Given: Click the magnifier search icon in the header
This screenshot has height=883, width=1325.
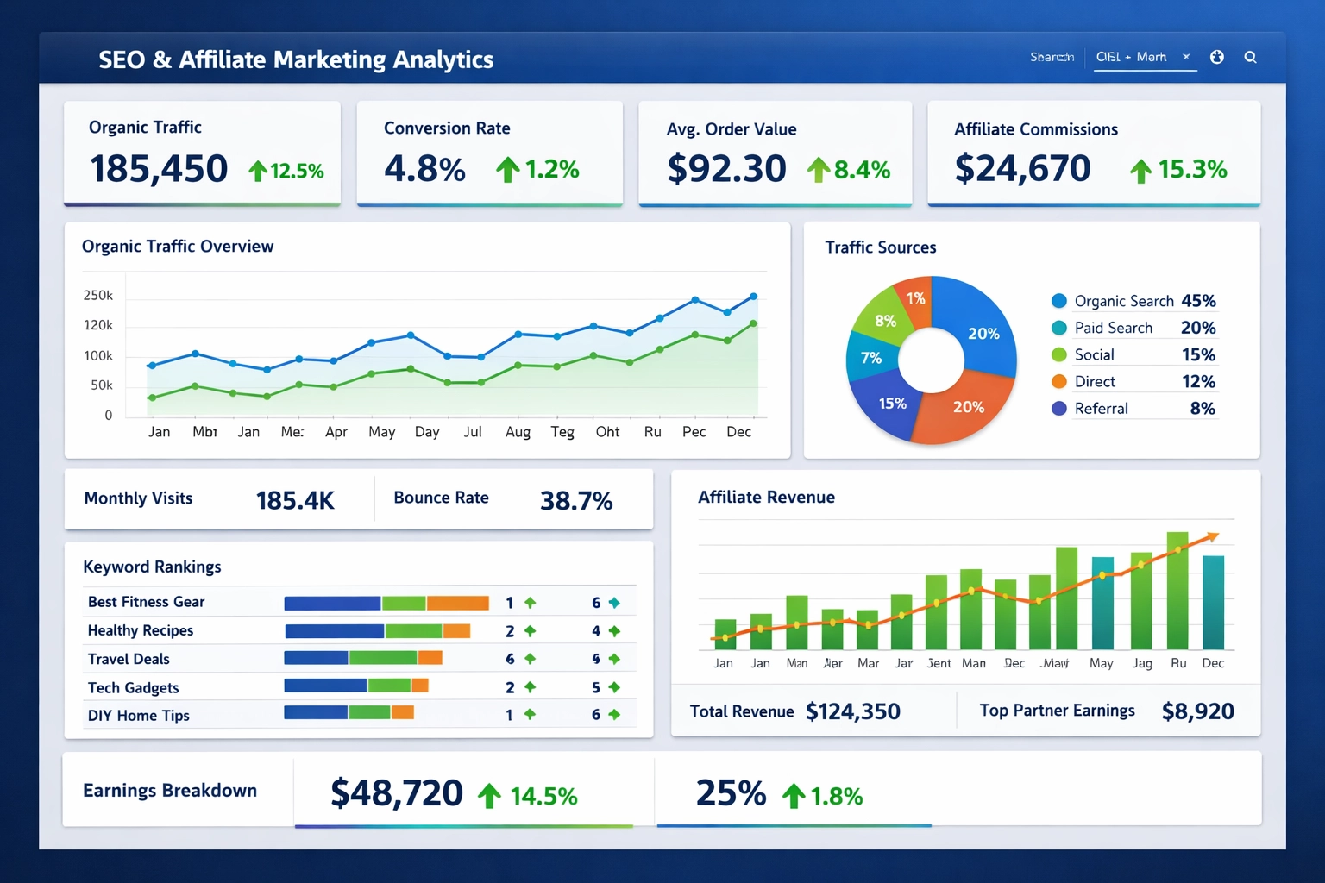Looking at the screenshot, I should click(1250, 58).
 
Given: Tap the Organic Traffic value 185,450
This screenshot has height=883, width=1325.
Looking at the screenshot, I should click(159, 168).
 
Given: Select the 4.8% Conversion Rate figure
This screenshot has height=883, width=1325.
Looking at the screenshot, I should click(424, 169).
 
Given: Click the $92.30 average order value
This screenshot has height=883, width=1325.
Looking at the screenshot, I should click(726, 169).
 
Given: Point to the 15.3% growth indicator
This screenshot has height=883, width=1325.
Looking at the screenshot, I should click(1179, 170).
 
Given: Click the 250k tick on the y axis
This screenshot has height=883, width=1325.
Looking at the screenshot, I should click(97, 296).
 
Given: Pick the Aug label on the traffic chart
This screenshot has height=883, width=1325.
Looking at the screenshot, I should click(518, 432).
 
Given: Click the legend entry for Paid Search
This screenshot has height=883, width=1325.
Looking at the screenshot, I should click(1113, 328).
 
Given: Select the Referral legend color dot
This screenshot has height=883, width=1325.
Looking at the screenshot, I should click(1059, 409).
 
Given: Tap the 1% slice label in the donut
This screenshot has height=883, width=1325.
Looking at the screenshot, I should click(915, 298).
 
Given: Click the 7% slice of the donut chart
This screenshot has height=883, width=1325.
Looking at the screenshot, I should click(870, 358).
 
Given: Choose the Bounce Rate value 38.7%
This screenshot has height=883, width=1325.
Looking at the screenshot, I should click(575, 501).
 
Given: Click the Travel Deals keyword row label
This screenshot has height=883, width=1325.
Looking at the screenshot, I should click(129, 659).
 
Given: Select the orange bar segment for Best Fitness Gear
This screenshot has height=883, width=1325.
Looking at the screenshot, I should click(457, 603).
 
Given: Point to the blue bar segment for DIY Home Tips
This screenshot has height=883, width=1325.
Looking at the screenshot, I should click(316, 712).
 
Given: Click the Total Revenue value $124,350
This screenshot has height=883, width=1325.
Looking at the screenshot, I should click(852, 711).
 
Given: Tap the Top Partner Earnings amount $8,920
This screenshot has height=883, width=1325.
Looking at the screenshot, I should click(1197, 711).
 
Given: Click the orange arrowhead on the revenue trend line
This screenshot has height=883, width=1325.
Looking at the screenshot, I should click(1213, 536).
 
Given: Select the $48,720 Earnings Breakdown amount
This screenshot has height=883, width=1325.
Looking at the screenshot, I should click(397, 793).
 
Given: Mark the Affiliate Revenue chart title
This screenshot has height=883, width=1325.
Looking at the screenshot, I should click(766, 498).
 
